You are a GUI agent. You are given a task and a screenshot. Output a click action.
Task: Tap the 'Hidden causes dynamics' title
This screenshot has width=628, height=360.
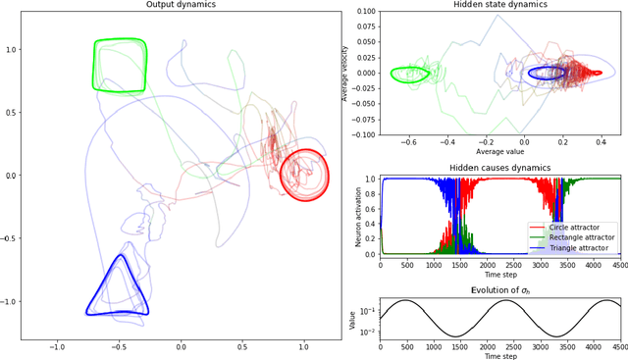[500, 170]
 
